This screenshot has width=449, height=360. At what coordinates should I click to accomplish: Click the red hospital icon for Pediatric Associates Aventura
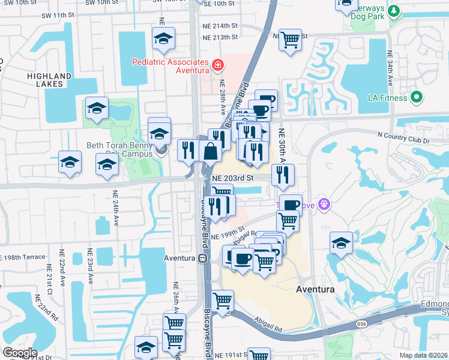(x=217, y=64)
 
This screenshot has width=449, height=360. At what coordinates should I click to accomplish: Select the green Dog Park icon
(x=393, y=11)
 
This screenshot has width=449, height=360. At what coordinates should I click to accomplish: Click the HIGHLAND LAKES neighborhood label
(x=52, y=80)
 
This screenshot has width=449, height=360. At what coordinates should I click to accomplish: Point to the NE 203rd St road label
(x=233, y=178)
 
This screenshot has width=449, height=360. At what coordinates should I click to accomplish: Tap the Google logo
(x=20, y=352)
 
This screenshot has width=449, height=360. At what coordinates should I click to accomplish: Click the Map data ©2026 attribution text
(x=423, y=355)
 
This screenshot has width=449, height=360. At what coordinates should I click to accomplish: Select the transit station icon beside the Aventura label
(x=203, y=259)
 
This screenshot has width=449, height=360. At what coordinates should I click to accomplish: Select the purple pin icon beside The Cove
(x=325, y=204)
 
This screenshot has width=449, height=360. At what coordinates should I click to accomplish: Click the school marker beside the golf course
(x=341, y=243)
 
